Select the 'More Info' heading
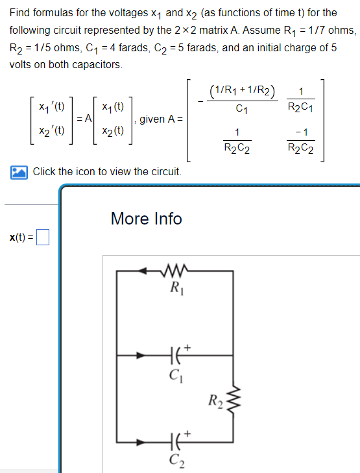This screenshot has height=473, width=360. click(146, 219)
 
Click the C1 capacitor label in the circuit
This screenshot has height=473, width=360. click(173, 374)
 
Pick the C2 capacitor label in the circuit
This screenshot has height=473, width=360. click(173, 461)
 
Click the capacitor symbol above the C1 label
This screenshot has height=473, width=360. click(173, 356)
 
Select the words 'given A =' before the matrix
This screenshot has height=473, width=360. click(162, 119)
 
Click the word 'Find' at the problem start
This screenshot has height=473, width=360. click(21, 12)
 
